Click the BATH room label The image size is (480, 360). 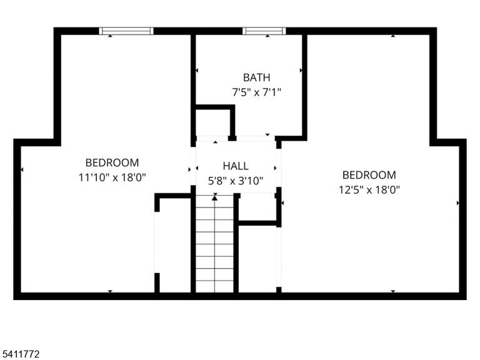tap(256, 77)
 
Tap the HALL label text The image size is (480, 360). tap(236, 166)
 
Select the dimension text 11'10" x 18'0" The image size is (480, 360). tap(112, 177)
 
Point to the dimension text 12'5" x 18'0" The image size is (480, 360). tap(369, 190)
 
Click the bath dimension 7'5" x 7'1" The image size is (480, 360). tap(256, 92)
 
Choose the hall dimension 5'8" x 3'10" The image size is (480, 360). tap(236, 181)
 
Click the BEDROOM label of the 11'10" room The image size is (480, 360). tap(112, 162)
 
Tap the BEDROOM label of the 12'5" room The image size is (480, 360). tap(369, 175)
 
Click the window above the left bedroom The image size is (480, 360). tap(126, 31)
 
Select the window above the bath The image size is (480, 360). tap(264, 31)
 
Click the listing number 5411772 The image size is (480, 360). tap(20, 354)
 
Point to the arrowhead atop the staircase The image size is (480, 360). tap(215, 198)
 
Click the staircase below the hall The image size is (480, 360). tap(215, 243)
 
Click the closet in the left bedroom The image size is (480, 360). tap(175, 245)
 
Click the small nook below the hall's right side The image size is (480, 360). tap(257, 207)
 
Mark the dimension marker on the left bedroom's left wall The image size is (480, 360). tap(22, 169)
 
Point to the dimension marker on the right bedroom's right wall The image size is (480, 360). tap(458, 202)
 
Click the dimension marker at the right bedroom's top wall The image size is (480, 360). tap(393, 36)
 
